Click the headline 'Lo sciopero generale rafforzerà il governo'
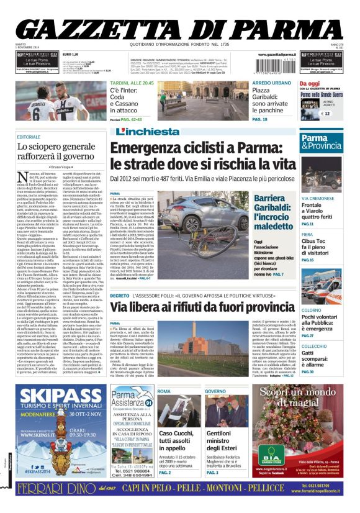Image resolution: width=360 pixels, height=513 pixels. (x=56, y=152)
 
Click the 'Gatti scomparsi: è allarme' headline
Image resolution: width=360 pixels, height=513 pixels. (x=315, y=357)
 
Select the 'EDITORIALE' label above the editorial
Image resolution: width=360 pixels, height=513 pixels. (x=29, y=137)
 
